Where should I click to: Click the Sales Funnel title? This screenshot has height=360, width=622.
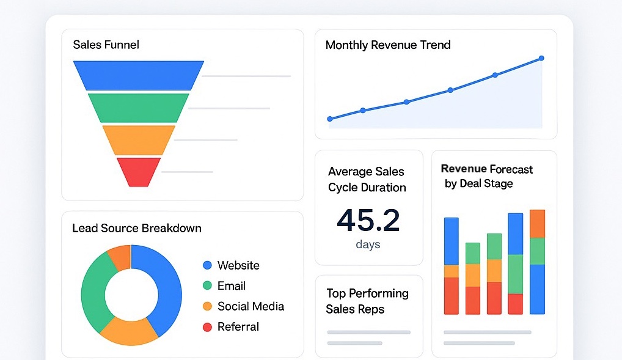pos(106,45)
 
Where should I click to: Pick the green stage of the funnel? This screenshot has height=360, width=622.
pos(139,108)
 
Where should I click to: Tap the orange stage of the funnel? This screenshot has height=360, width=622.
pos(139,139)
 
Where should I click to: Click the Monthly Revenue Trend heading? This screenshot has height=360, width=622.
pos(388,45)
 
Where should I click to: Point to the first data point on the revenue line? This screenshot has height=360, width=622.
pos(330,119)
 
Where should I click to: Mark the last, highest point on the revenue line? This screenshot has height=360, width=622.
pos(541,58)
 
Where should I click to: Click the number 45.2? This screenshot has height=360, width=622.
pos(368,221)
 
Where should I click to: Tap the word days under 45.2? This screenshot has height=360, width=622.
pos(368,244)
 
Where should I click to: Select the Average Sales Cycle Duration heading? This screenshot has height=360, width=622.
pos(367,180)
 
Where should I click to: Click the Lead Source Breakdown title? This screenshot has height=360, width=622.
pos(137,228)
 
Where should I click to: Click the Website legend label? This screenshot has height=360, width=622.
pos(238,265)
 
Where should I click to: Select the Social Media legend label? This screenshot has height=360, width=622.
pos(251,306)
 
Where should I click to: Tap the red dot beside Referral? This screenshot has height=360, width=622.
pos(207,327)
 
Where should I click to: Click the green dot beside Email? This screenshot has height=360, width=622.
pos(207,285)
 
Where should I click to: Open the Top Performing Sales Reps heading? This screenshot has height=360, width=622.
pos(367,301)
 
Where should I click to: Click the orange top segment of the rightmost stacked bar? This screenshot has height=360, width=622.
pos(537,224)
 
